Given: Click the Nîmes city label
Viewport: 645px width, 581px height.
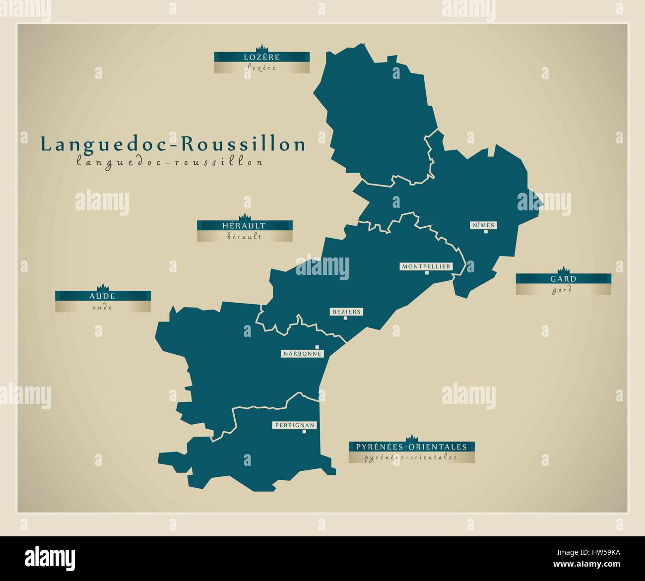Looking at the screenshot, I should click(483, 225).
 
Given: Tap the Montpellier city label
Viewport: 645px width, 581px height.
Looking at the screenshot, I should click(426, 266).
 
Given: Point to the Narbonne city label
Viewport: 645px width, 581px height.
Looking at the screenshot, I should click(302, 354).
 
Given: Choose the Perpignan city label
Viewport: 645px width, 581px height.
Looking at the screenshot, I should click(294, 425).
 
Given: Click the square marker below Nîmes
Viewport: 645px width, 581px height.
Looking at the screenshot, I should click(486, 232).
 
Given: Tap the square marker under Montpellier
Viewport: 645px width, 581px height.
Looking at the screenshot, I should click(426, 272).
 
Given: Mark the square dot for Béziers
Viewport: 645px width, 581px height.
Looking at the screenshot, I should click(345, 318).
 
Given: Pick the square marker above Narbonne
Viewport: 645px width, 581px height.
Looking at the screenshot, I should click(317, 347).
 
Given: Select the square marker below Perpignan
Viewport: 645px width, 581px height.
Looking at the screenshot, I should click(305, 432).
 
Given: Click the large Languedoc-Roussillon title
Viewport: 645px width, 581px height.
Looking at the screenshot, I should click(173, 144).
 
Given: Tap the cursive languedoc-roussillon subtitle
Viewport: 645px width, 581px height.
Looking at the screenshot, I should click(170, 162).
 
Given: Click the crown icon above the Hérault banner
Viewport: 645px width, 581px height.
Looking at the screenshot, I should click(245, 217).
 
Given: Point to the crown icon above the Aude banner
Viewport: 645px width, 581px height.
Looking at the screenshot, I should click(103, 287).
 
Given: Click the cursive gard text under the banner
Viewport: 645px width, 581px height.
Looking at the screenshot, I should click(562, 290).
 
